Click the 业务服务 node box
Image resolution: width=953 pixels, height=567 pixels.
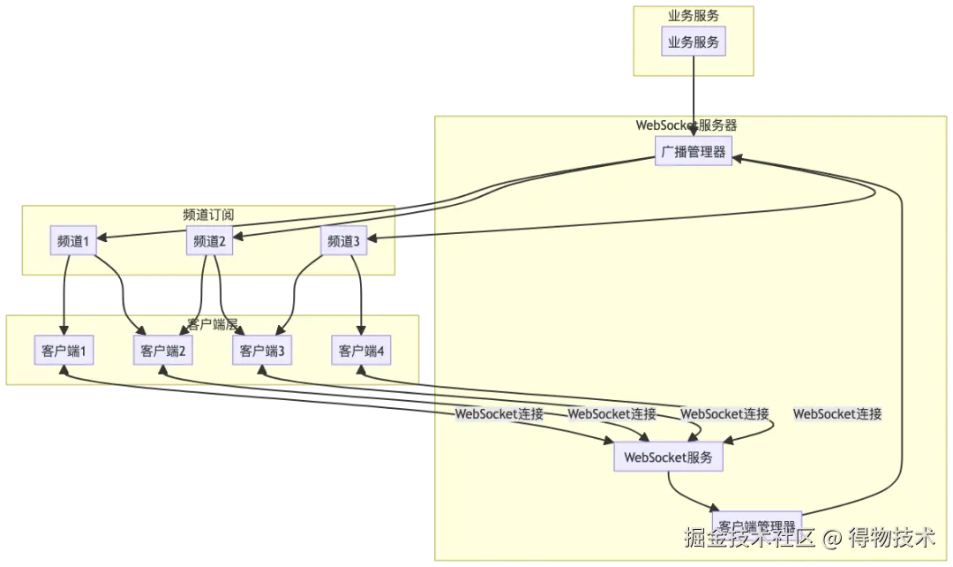point(693,42)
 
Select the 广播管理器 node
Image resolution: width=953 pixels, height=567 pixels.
point(694,152)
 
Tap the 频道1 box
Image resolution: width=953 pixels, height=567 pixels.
point(73,241)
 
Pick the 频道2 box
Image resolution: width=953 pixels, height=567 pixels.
point(210,241)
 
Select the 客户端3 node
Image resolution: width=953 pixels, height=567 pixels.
point(262,351)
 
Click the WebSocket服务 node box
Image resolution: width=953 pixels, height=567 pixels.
point(668,457)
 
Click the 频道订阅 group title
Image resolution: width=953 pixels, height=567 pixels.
point(208,215)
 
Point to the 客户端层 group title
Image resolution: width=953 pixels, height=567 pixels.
point(213,324)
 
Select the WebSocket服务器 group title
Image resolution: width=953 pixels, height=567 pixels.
point(687,125)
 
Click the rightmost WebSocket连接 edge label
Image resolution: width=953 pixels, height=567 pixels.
point(837,413)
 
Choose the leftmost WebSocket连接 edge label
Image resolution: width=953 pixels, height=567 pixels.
point(499,413)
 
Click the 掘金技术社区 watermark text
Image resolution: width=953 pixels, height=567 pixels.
point(749,536)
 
